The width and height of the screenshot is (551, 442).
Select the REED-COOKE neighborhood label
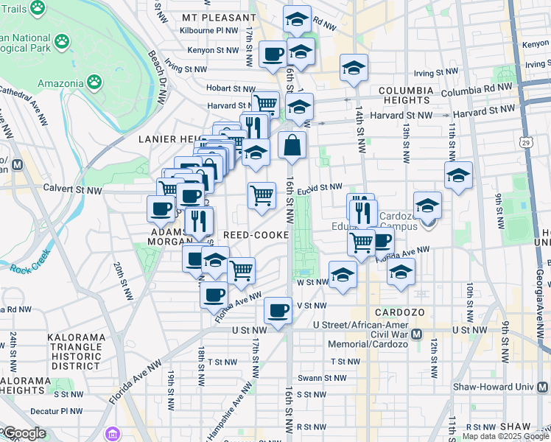pyautogui.click(x=249, y=234)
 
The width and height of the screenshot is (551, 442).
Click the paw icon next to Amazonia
pyautogui.click(x=95, y=80)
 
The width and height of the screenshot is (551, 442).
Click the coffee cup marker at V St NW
pyautogui.click(x=278, y=310)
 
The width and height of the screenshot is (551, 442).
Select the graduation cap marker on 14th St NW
pyautogui.click(x=354, y=68)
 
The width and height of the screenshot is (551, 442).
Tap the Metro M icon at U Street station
pyautogui.click(x=416, y=334)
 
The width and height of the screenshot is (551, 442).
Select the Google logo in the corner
pyautogui.click(x=24, y=433)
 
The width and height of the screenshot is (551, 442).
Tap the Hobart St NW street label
pyautogui.click(x=231, y=88)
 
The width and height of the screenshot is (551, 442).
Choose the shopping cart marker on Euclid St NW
pyautogui.click(x=262, y=195)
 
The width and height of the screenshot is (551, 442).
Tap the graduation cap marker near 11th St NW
pyautogui.click(x=458, y=175)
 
